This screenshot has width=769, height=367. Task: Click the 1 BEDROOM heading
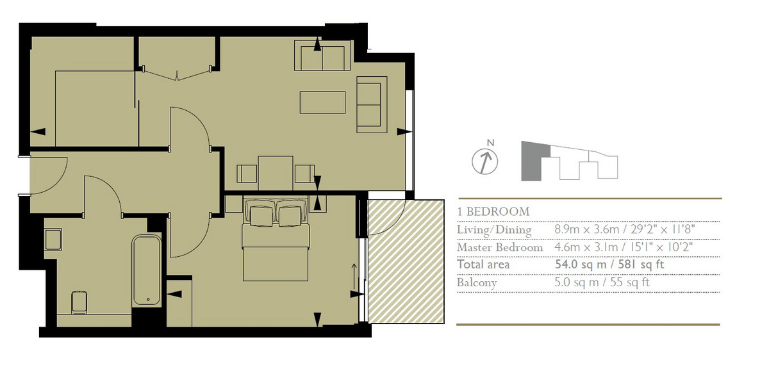click(493, 211)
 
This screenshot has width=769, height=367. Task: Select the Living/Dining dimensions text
click(625, 229)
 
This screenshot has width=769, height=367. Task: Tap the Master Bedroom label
click(500, 247)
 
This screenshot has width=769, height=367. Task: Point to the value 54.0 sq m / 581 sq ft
click(609, 265)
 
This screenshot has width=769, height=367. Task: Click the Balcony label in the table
click(477, 283)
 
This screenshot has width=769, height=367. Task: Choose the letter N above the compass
click(491, 143)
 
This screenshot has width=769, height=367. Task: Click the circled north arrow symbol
click(484, 162)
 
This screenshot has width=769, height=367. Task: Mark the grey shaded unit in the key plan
click(532, 161)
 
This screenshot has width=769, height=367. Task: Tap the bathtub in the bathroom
click(147, 270)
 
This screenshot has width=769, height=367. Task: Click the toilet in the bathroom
click(79, 302)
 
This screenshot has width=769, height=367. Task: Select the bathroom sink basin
click(53, 240)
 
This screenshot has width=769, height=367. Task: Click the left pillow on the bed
click(261, 216)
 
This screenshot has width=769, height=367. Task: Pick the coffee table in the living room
click(323, 102)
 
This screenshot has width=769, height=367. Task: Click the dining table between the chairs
click(276, 173)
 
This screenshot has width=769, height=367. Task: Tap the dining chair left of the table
click(247, 174)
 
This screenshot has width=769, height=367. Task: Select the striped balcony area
click(406, 261)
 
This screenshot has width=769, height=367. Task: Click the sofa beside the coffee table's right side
click(372, 104)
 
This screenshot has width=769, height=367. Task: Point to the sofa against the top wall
click(322, 56)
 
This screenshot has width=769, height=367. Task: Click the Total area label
click(483, 265)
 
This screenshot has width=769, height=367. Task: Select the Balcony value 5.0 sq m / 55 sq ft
click(602, 282)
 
